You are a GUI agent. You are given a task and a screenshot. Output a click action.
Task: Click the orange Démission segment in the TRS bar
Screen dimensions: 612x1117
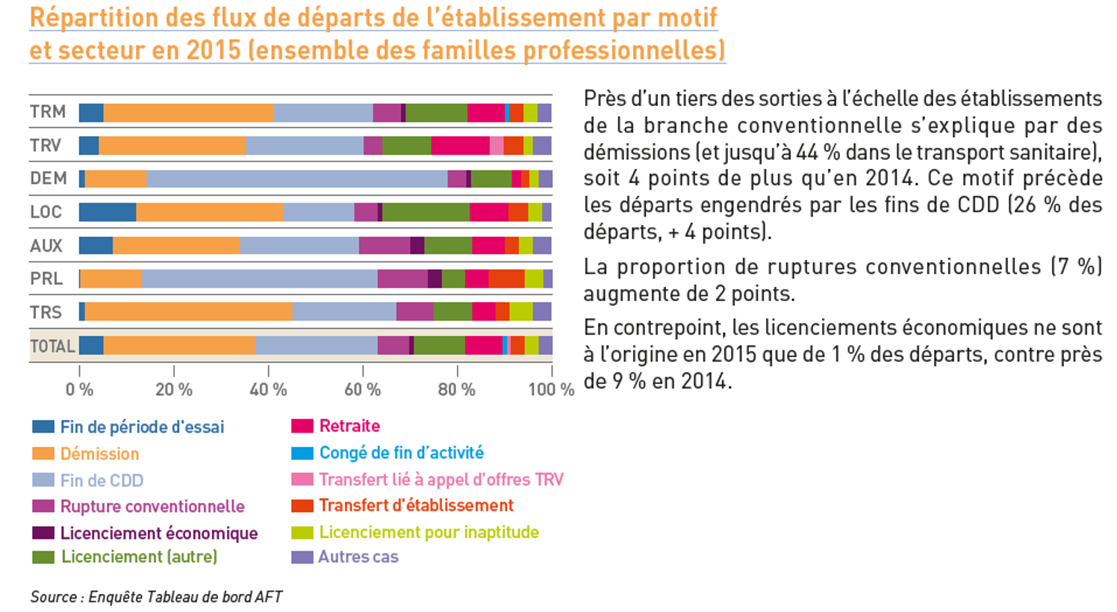click(x=188, y=312)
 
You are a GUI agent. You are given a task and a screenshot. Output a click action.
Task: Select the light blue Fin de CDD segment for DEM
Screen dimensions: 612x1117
click(x=296, y=179)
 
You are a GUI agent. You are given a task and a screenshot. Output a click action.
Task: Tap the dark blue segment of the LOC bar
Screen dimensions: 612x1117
click(x=108, y=211)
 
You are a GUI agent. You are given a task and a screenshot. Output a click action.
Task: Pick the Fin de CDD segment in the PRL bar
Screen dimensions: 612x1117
click(x=259, y=279)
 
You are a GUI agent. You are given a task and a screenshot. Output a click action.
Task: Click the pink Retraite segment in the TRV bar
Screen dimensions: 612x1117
click(x=460, y=146)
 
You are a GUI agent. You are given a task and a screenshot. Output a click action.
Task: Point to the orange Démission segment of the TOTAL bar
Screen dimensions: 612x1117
click(x=179, y=345)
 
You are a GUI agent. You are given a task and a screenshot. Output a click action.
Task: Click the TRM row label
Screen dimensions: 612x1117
click(x=48, y=112)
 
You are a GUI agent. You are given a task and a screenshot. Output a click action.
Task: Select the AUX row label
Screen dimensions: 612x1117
click(x=46, y=245)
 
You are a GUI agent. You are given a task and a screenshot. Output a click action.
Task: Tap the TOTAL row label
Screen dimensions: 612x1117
click(x=52, y=346)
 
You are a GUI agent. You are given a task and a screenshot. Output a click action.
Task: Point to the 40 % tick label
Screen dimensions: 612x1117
click(x=268, y=389)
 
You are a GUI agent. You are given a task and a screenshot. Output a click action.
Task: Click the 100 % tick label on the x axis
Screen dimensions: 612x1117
click(x=551, y=389)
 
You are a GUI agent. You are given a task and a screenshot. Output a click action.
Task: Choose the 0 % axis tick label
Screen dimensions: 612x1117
click(x=79, y=389)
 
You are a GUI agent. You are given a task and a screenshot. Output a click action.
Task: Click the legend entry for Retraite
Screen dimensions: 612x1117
click(x=349, y=426)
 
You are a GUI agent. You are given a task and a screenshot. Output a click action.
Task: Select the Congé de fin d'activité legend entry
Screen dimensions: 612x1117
click(x=401, y=453)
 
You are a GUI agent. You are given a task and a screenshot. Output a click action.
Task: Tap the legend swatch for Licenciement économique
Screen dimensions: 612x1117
click(x=43, y=533)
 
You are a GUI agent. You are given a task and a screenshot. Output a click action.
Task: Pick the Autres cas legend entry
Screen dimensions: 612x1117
click(x=358, y=557)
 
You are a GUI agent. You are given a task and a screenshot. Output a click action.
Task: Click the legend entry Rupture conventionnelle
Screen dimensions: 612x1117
click(x=152, y=507)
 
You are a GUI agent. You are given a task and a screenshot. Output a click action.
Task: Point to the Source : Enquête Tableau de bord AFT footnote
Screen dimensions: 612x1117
click(x=156, y=596)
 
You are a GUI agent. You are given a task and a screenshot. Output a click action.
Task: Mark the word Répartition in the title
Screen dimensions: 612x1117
click(x=94, y=17)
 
